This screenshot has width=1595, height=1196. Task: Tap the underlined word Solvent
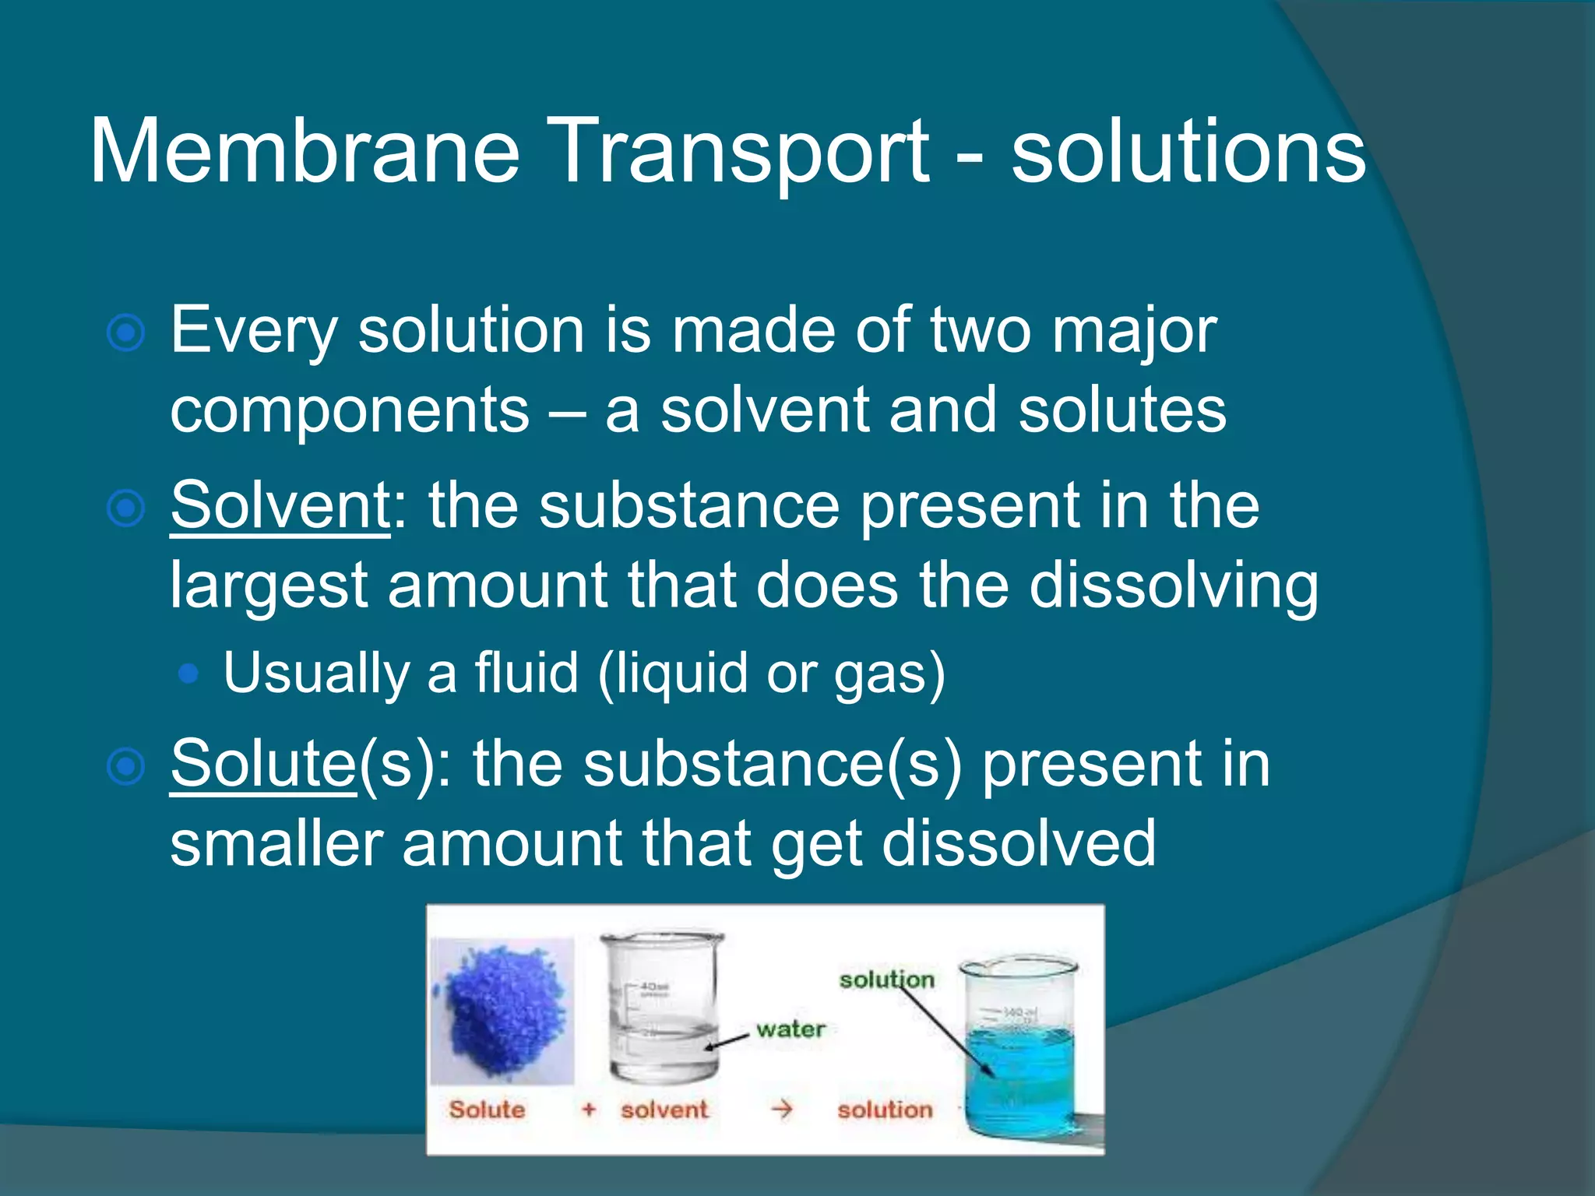280,505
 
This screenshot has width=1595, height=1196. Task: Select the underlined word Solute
263,764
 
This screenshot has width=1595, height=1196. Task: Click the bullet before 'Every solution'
125,334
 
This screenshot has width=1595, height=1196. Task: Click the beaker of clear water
662,1008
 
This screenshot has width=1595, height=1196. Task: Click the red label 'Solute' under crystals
487,1110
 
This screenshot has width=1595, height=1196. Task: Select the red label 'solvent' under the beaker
664,1110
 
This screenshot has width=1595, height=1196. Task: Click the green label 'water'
790,1029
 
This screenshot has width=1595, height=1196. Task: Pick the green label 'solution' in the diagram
886,980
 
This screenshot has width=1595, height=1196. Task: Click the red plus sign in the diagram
589,1110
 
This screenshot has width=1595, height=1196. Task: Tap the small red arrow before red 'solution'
781,1109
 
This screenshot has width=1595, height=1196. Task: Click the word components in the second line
350,410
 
